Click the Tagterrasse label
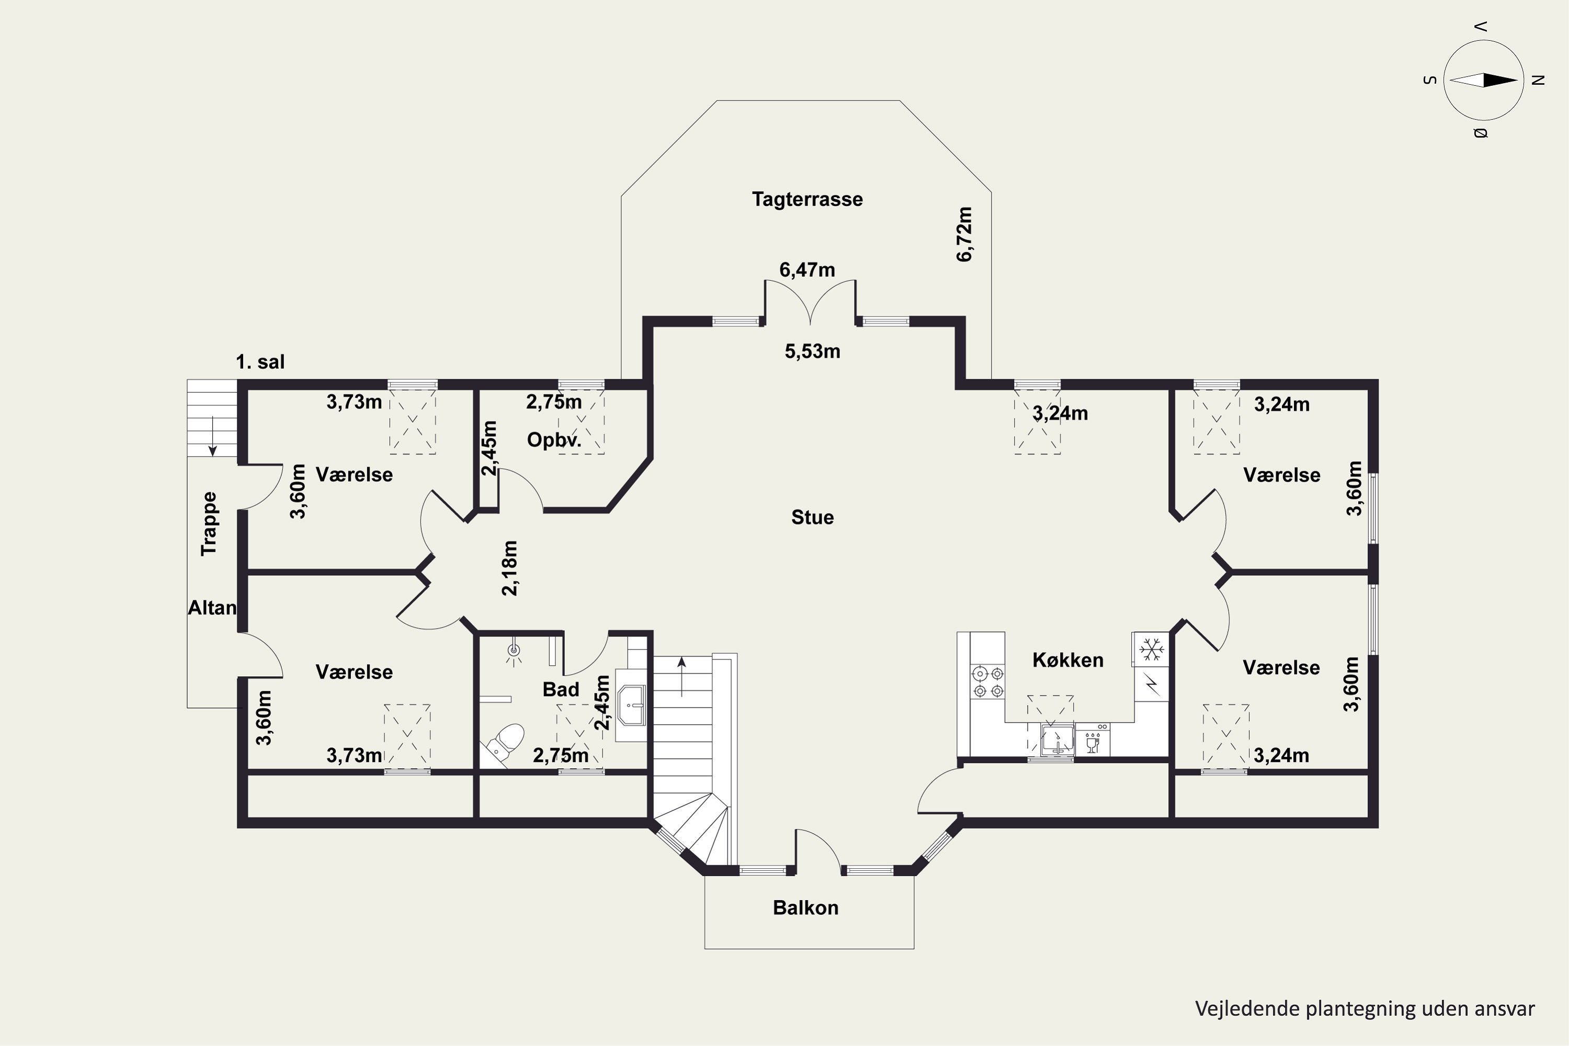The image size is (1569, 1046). [807, 199]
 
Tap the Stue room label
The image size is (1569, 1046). [813, 517]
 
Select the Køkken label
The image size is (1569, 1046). [1068, 660]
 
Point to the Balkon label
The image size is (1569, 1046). [806, 907]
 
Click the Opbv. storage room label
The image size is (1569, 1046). [554, 440]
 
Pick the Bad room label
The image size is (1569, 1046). [561, 689]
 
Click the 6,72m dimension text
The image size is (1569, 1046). [964, 234]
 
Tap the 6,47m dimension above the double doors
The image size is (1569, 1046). [807, 269]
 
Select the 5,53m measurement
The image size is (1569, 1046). [813, 351]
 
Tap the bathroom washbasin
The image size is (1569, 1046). [631, 705]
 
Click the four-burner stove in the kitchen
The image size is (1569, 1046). [987, 682]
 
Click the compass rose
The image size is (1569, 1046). [1484, 80]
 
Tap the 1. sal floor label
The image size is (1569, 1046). [260, 362]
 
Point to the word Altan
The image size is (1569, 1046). [212, 608]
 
